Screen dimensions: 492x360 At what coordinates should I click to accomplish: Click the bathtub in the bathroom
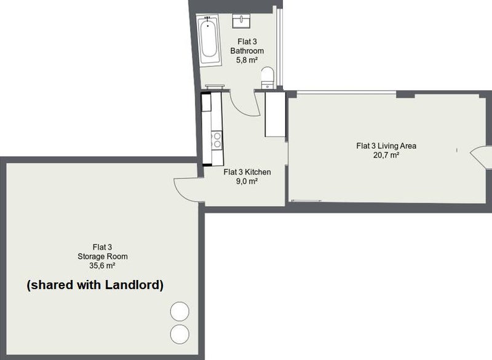(x=208, y=40)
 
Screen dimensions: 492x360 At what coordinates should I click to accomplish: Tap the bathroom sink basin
(x=241, y=20)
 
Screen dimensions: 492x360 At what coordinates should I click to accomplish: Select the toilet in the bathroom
(x=268, y=78)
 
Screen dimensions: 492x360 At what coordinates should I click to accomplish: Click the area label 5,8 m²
(x=247, y=60)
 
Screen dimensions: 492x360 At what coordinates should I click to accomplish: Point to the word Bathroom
(x=247, y=51)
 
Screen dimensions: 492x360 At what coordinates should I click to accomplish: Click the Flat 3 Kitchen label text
(x=247, y=172)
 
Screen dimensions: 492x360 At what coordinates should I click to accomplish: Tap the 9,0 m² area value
(x=247, y=181)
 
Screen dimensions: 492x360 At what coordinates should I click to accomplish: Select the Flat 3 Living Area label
(x=386, y=146)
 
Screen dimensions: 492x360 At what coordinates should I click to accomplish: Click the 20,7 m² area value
(x=386, y=154)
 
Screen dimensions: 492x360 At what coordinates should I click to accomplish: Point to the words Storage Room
(x=103, y=257)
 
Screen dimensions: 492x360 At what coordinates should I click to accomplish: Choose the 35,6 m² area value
(x=102, y=265)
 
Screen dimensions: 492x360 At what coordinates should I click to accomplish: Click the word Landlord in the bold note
(x=134, y=285)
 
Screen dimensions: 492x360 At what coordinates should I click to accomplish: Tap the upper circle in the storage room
(x=180, y=311)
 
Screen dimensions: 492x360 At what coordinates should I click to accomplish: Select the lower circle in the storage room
(x=180, y=334)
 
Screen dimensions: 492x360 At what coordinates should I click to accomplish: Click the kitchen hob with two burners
(x=217, y=140)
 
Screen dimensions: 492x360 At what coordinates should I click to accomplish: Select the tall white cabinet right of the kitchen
(x=275, y=114)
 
